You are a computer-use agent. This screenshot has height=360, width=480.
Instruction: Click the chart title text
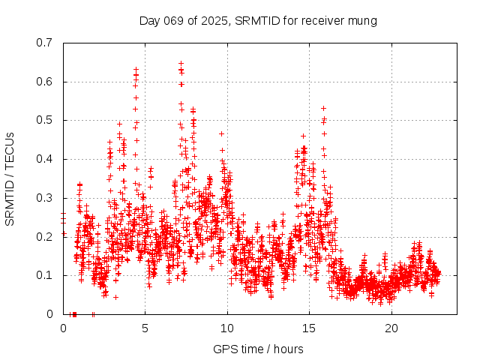[258, 20]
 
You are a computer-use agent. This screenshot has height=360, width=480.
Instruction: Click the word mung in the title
[361, 20]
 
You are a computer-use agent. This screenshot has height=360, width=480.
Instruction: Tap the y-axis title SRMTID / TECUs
[10, 179]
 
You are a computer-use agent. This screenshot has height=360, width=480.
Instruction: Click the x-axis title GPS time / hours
[258, 349]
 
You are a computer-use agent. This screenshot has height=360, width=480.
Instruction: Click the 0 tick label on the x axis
[63, 328]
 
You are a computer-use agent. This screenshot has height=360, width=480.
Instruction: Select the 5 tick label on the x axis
[145, 328]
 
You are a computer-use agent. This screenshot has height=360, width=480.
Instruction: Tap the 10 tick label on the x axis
[227, 328]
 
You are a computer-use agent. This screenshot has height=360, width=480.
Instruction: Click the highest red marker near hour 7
[181, 64]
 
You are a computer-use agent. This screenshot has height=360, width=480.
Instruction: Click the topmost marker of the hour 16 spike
[323, 108]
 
